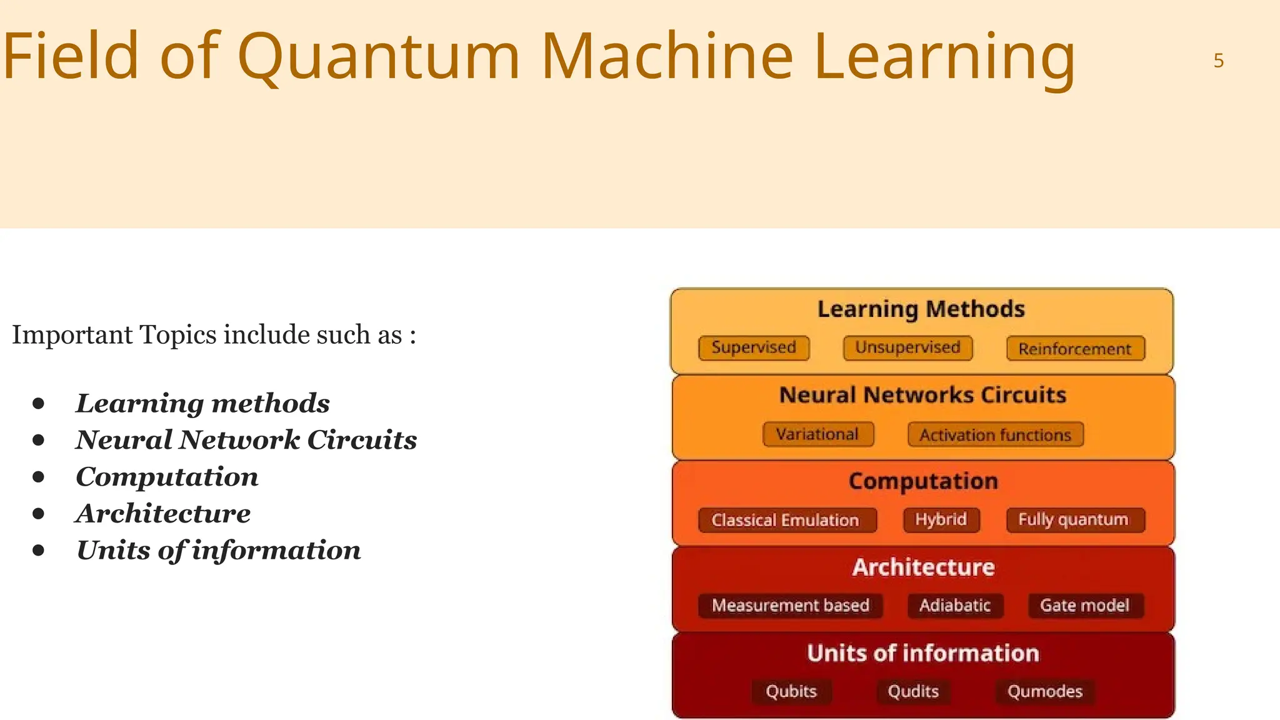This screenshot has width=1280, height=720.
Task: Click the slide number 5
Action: [x=1218, y=61]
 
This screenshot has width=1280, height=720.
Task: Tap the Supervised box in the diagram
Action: [x=754, y=347]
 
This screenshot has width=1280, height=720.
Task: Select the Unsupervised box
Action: [x=907, y=347]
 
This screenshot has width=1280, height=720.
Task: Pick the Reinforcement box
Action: [x=1075, y=349]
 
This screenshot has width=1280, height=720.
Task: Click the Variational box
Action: [x=817, y=434]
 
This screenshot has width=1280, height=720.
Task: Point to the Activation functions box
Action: [x=995, y=435]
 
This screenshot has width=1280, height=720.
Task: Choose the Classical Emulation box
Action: [x=786, y=520]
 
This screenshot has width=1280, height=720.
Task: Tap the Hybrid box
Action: [x=941, y=519]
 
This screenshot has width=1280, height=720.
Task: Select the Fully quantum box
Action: [x=1074, y=519]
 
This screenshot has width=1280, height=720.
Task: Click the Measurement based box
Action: [x=791, y=605]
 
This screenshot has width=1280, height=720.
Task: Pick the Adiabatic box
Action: [x=955, y=605]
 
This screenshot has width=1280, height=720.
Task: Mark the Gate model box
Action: [x=1085, y=605]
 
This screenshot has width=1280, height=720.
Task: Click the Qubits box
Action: [x=791, y=691]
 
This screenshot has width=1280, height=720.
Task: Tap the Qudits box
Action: [x=913, y=691]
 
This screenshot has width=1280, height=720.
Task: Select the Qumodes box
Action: [x=1045, y=691]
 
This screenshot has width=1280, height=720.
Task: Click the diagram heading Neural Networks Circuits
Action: [x=922, y=395]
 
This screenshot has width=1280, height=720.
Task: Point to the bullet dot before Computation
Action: [x=39, y=477]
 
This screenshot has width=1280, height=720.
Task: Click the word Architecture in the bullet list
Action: [x=163, y=514]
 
